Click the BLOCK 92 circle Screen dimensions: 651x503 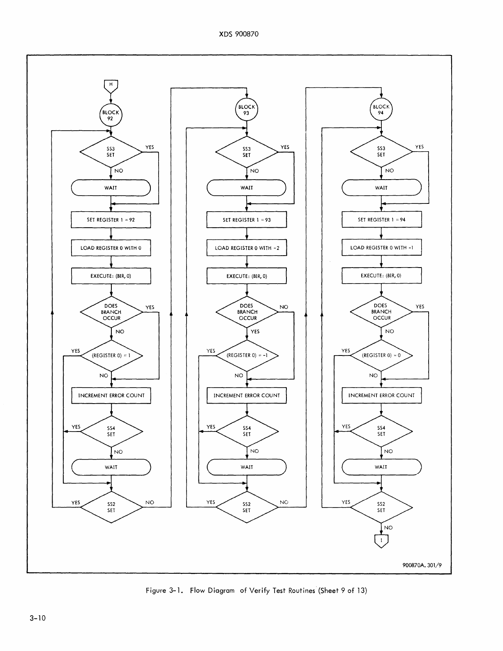[x=111, y=115]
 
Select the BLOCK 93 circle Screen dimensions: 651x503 [x=246, y=110]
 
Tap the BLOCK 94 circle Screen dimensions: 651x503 [x=381, y=110]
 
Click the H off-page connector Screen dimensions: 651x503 [x=111, y=85]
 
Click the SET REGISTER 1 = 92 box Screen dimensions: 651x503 [x=111, y=220]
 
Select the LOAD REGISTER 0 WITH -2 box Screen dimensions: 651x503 [x=247, y=248]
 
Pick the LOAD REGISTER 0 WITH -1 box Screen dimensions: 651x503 [x=381, y=248]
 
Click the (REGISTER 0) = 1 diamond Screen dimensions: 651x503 [x=111, y=356]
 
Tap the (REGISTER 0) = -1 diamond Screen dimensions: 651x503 [x=247, y=356]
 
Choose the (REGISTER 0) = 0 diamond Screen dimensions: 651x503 [x=381, y=356]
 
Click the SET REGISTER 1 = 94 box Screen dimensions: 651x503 [x=381, y=220]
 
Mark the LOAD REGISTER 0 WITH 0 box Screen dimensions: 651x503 [x=111, y=248]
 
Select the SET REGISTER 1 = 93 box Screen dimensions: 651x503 [x=247, y=220]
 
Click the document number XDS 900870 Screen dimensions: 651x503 [x=239, y=34]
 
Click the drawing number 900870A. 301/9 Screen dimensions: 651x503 [x=422, y=565]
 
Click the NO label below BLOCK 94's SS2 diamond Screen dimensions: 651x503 [x=388, y=528]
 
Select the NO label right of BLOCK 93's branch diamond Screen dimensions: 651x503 [x=284, y=307]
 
